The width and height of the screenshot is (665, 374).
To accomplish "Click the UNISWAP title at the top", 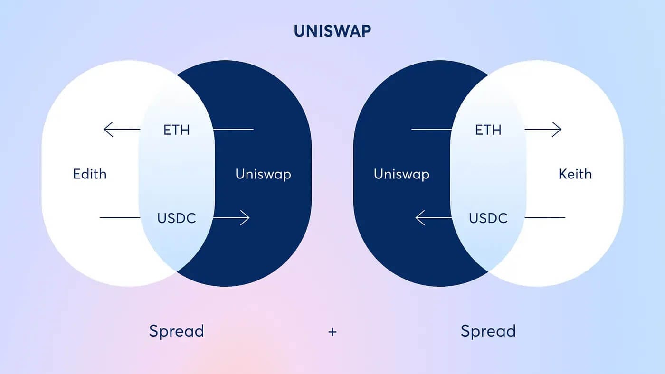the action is [x=332, y=31].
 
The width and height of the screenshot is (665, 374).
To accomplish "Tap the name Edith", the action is [x=90, y=174].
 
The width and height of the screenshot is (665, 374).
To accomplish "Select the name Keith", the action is [x=575, y=174].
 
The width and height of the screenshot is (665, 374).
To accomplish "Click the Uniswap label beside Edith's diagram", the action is [x=263, y=174].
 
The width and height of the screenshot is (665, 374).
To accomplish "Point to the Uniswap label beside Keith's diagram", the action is [x=401, y=174].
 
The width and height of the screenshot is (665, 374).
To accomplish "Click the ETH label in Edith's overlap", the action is [x=176, y=130].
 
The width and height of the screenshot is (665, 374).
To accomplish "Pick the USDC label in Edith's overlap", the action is [x=176, y=218].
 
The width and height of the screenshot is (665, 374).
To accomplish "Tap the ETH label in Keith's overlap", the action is [x=488, y=130].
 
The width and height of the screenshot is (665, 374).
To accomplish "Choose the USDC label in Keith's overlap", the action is [x=488, y=218].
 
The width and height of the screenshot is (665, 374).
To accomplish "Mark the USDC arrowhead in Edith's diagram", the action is [x=246, y=218].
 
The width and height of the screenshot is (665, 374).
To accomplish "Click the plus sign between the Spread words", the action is [x=332, y=332].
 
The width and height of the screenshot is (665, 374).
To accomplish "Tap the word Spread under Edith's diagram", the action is [x=176, y=331].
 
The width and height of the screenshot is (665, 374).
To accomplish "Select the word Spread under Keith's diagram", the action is [x=488, y=331].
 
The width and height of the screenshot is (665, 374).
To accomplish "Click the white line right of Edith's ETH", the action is [x=233, y=129].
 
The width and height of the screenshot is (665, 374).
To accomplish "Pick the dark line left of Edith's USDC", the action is [x=120, y=218].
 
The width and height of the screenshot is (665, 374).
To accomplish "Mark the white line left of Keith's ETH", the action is [x=432, y=129].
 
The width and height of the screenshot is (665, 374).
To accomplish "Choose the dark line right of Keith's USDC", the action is [x=545, y=218].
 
